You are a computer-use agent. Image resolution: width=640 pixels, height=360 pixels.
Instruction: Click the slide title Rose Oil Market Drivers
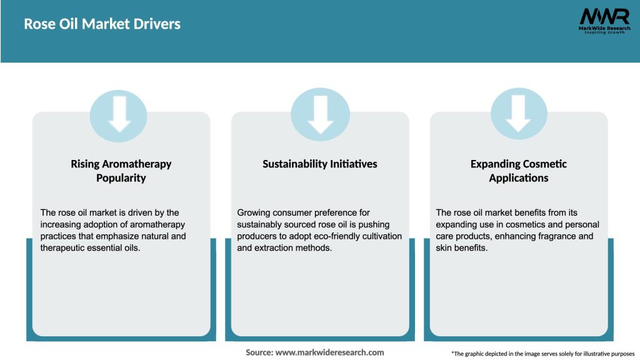click(102, 24)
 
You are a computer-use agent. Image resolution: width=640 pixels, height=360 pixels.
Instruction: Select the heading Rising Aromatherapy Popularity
click(121, 171)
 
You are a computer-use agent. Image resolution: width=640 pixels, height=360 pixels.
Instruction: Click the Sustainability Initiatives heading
click(320, 164)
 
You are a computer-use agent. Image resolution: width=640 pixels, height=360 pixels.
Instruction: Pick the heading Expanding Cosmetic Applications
click(518, 171)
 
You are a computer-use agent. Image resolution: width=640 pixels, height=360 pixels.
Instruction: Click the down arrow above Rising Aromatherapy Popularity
click(119, 114)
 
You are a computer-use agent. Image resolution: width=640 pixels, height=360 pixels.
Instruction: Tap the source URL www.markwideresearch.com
click(330, 352)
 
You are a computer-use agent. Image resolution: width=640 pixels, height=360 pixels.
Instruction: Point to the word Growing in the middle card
click(254, 213)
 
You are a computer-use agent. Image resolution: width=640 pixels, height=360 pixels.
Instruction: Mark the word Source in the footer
click(259, 352)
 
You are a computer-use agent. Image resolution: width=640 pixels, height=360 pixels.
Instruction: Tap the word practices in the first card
click(58, 236)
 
